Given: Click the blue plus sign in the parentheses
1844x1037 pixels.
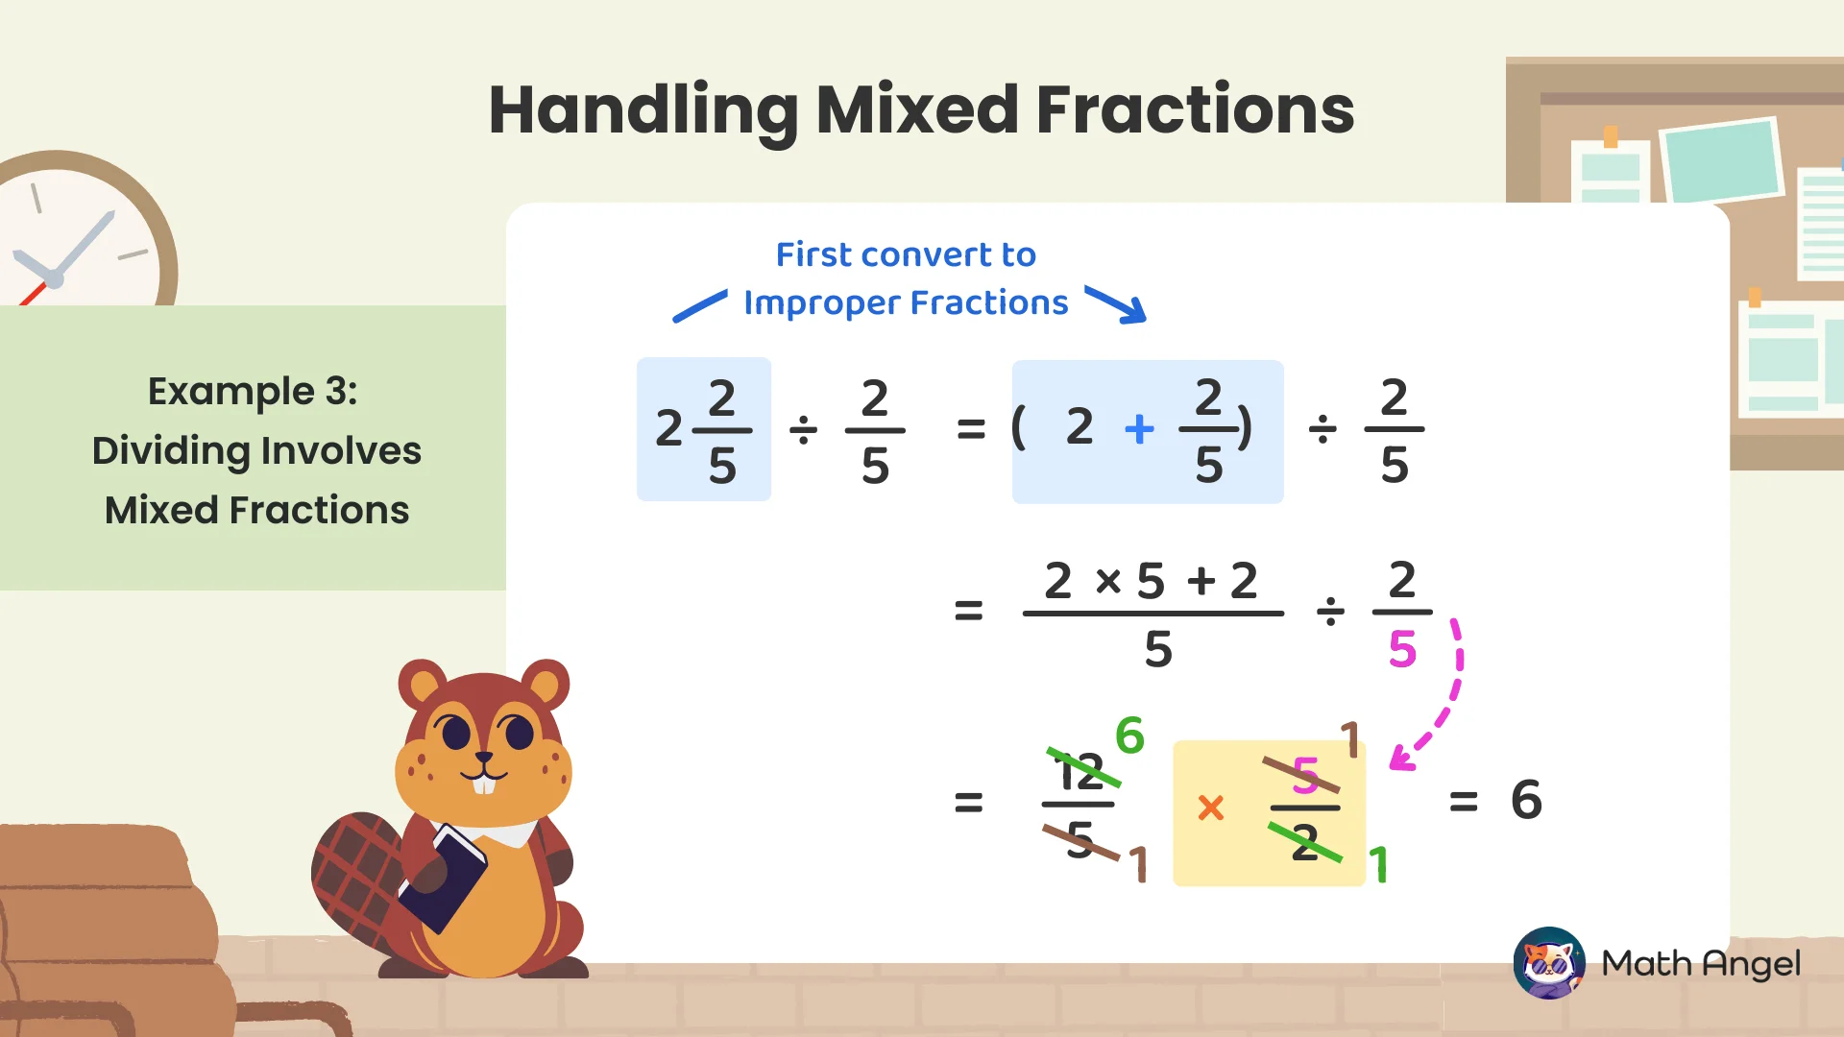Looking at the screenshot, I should coord(1139,428).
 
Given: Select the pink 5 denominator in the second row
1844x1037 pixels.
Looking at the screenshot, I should coord(1402,650).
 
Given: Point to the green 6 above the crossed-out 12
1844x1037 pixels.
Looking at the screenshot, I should coord(1129,736).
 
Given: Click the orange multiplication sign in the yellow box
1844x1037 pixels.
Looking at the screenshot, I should coord(1211,808).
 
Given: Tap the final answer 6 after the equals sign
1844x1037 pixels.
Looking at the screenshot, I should coord(1526,800).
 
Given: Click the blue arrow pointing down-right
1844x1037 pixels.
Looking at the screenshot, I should coord(1117,303).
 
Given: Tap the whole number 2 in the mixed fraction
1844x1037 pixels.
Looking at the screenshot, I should coord(668,428).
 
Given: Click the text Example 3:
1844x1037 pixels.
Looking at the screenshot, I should coord(253,391).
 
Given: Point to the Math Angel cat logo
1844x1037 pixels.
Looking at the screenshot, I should coord(1548,962).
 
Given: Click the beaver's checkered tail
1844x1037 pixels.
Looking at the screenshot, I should coord(355,874).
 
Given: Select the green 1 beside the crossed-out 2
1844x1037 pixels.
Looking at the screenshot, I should coord(1379,864).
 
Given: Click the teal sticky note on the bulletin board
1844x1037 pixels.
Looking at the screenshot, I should coord(1723,159).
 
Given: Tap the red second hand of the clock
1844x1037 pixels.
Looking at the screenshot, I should coord(34,294).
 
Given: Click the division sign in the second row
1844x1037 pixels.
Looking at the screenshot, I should coord(1329,611).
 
